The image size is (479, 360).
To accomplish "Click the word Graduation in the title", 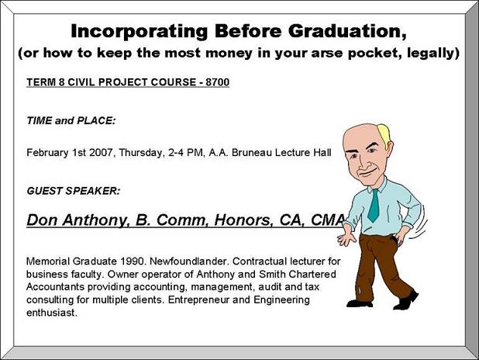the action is click(347, 31).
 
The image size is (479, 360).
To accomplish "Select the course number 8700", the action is click(218, 82).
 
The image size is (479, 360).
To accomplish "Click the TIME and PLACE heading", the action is click(71, 120).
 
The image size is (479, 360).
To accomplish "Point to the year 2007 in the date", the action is click(102, 152).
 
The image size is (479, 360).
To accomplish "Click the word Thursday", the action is click(141, 153).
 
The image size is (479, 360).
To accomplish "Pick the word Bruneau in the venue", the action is click(252, 152).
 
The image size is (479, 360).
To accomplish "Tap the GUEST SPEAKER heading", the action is click(74, 191).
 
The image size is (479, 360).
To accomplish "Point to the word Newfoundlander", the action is click(189, 261).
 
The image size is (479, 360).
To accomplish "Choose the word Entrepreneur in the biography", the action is click(198, 299).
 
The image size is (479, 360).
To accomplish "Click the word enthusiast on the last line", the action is click(51, 313).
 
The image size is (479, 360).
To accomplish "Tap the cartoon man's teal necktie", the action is click(374, 206).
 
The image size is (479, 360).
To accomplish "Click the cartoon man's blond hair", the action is click(384, 134).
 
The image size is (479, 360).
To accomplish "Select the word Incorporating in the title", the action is click(140, 32).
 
